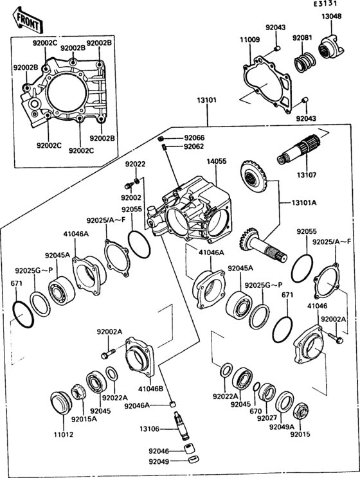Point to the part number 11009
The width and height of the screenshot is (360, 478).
click(250, 40)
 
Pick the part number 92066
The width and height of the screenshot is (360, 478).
click(194, 138)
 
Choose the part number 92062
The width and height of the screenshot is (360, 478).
click(194, 146)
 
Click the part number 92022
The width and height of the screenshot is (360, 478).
click(135, 164)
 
